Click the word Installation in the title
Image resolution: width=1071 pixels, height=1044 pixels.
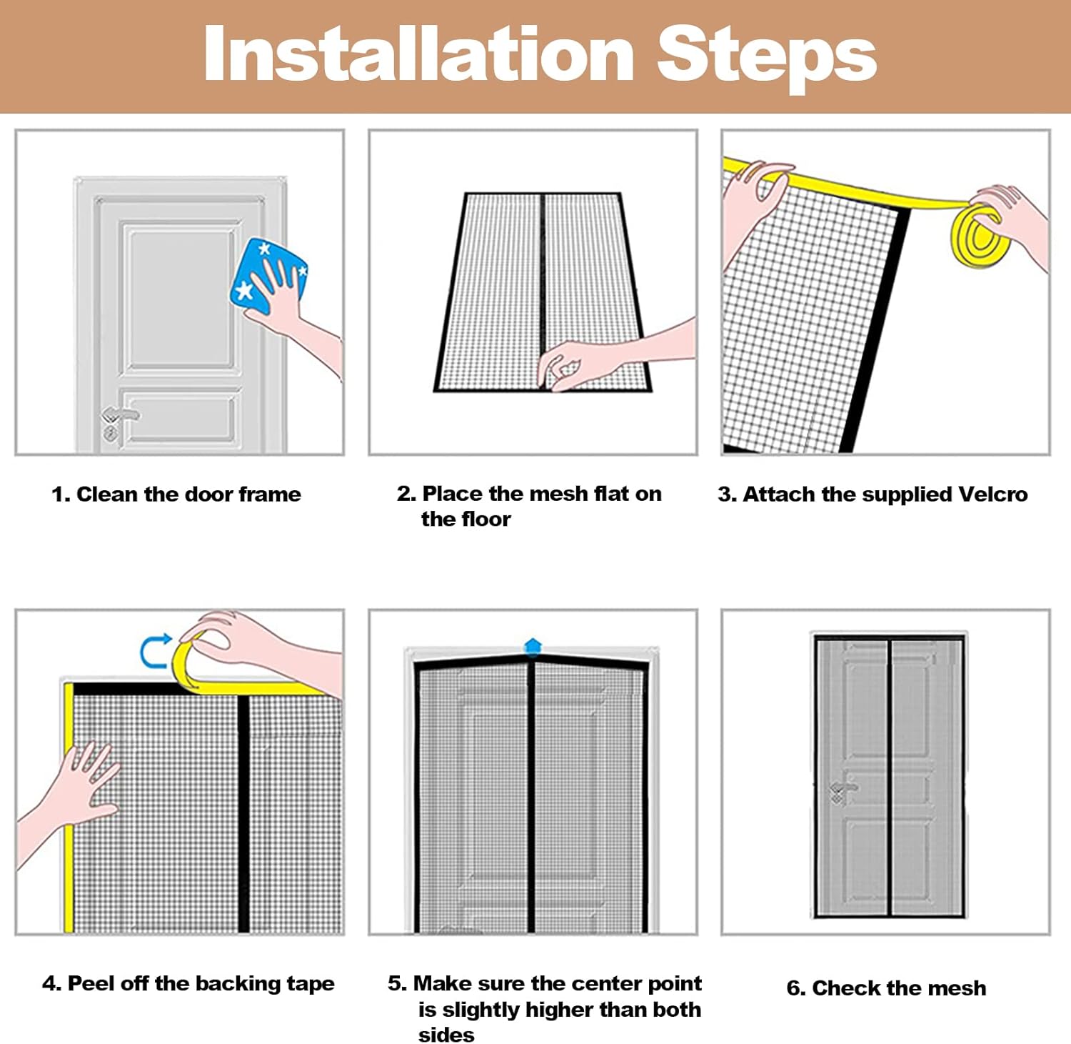(419, 54)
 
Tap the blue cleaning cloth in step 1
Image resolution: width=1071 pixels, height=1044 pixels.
(268, 275)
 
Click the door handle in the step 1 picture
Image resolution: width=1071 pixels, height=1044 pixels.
(118, 417)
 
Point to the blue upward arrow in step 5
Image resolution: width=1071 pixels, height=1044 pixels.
(533, 646)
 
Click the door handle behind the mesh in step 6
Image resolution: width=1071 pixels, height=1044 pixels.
(843, 789)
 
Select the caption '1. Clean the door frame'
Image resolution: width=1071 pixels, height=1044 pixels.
(176, 494)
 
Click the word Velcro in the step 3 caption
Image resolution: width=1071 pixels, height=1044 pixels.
(993, 494)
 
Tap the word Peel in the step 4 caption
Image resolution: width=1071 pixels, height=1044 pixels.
(91, 984)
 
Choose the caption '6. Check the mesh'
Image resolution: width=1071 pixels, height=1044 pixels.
(886, 988)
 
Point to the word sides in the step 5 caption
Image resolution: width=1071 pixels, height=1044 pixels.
(446, 1035)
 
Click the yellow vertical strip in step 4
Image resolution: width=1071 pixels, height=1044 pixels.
(69, 807)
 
